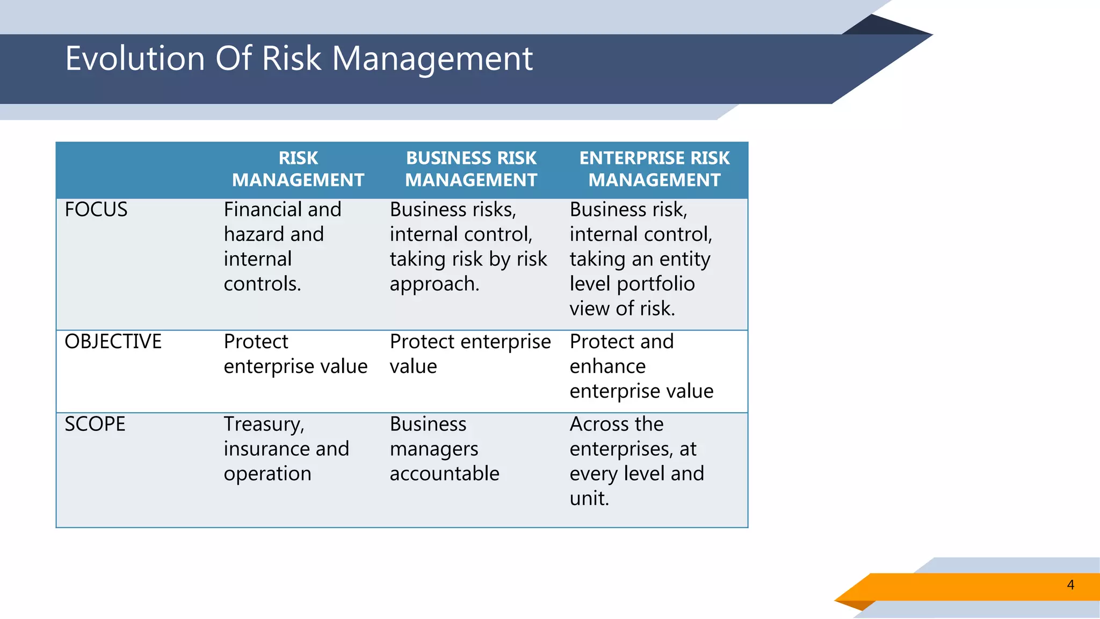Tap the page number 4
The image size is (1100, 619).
tap(1070, 585)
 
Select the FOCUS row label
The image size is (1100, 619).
tap(96, 210)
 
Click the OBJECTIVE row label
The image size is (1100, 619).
tap(113, 342)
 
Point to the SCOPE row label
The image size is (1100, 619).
tap(95, 424)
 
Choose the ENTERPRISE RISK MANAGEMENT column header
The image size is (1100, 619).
tap(654, 169)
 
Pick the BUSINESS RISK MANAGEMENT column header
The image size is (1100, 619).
tap(471, 169)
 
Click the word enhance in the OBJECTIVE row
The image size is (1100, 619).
tap(607, 366)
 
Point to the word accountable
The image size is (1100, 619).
tap(444, 474)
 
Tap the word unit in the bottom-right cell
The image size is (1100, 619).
tap(588, 499)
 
